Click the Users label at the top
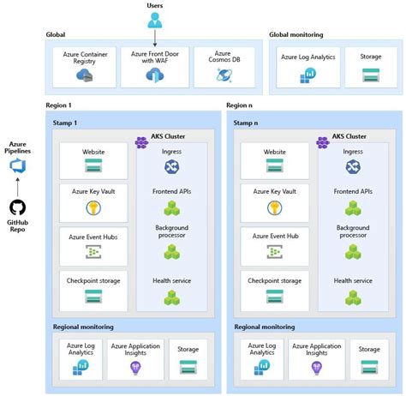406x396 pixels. (155, 6)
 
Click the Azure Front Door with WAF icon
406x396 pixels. (155, 75)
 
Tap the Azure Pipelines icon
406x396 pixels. (18, 165)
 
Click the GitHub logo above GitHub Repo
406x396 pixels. (18, 208)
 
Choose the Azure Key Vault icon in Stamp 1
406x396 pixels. (93, 207)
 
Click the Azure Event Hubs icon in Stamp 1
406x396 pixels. (93, 251)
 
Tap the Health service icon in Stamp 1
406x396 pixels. (172, 297)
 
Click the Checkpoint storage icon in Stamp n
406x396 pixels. (274, 297)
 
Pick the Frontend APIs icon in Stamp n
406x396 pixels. (352, 207)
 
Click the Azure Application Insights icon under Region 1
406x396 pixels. (134, 366)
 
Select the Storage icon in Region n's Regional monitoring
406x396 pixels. (369, 366)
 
